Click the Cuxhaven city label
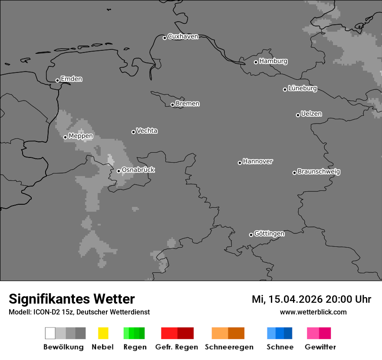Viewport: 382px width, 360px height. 183,36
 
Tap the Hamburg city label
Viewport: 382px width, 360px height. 273,61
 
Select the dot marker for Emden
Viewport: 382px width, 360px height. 57,80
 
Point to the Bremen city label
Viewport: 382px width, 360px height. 188,104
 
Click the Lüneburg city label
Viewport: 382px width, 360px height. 303,88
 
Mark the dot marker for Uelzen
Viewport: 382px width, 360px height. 298,115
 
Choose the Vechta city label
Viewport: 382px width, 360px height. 147,131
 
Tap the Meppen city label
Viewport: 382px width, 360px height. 81,136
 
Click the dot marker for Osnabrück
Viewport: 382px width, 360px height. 119,171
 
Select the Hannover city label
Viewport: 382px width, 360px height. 258,161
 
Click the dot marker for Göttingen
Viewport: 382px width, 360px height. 251,235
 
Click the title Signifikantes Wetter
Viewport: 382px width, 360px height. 72,299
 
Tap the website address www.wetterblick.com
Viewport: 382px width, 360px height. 313,312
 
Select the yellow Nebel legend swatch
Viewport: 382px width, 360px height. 103,333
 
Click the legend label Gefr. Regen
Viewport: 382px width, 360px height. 177,347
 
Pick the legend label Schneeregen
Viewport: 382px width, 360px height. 229,347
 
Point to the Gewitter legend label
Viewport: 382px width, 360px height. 320,347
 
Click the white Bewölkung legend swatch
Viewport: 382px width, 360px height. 50,333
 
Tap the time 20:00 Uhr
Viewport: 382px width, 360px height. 349,299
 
